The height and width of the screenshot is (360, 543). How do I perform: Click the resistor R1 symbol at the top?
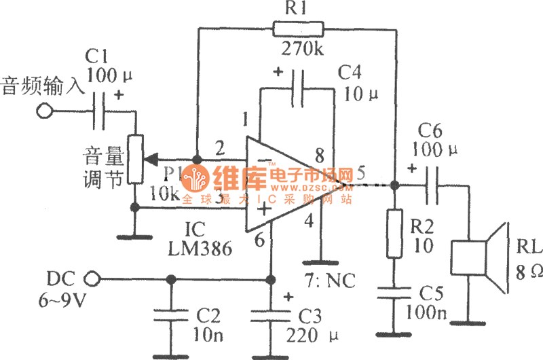pyautogui.click(x=297, y=29)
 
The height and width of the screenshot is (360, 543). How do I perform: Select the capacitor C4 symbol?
pyautogui.click(x=297, y=90)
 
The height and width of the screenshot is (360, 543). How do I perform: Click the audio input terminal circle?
pyautogui.click(x=44, y=109)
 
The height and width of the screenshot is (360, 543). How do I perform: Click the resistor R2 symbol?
pyautogui.click(x=393, y=234)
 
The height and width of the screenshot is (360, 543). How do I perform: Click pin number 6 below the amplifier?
pyautogui.click(x=259, y=239)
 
